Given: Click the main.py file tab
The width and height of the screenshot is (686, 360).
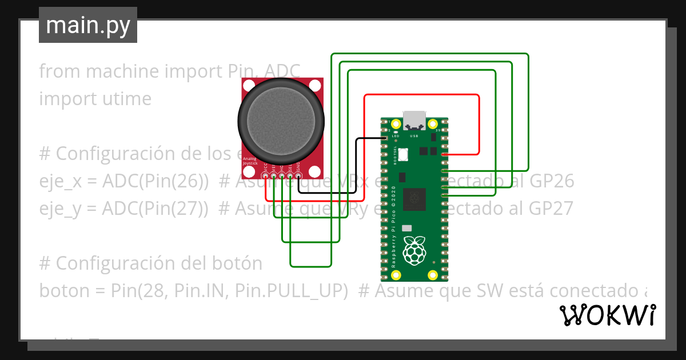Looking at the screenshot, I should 87,25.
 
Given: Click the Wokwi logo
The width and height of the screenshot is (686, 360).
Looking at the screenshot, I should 607,315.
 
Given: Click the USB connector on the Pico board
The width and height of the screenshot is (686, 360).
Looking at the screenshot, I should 414,121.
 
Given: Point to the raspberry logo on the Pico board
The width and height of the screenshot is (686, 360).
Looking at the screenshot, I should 415,250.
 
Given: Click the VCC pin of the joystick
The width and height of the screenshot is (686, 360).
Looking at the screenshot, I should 265,175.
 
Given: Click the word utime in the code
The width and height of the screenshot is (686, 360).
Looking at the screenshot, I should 125,99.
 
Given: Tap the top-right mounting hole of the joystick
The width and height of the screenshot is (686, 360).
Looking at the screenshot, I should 315,86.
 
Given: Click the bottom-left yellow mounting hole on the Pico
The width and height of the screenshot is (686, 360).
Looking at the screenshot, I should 396,275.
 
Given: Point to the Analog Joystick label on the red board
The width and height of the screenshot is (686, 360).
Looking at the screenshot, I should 250,161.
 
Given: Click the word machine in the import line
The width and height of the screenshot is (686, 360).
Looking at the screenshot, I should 122,71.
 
